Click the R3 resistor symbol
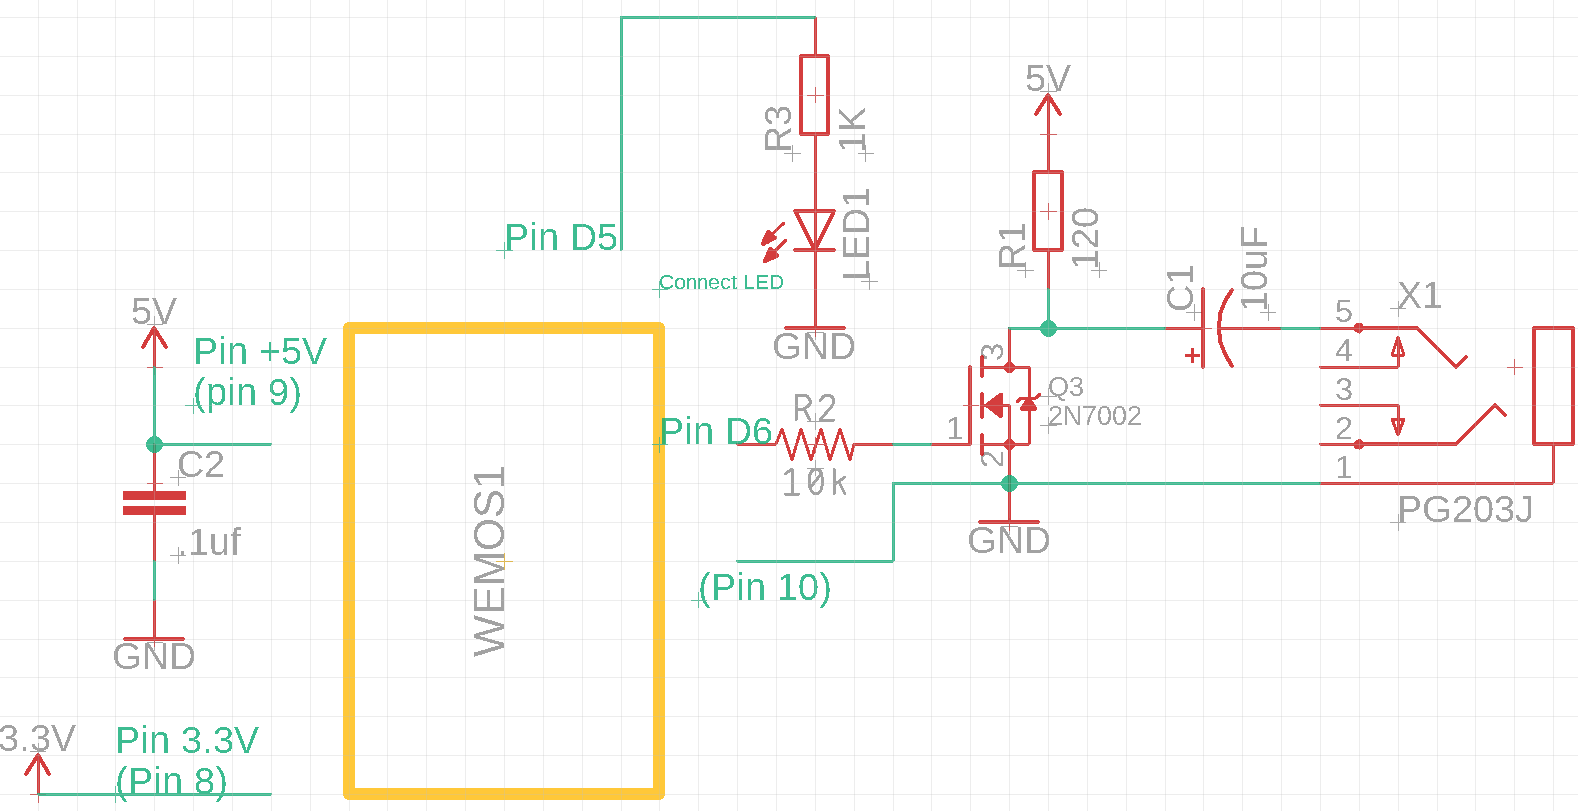(815, 95)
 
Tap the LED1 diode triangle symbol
(815, 230)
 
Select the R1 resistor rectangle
(1048, 211)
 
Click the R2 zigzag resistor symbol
(814, 443)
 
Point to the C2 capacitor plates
(154, 503)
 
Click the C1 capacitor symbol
(1214, 328)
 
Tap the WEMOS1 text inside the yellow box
(490, 561)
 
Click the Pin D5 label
(561, 238)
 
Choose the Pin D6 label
(716, 431)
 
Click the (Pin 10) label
(765, 587)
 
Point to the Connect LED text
(721, 283)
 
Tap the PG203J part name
(1465, 510)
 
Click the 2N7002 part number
(1095, 416)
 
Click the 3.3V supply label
(37, 739)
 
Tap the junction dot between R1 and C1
(1048, 328)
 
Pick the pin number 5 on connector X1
(1343, 311)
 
